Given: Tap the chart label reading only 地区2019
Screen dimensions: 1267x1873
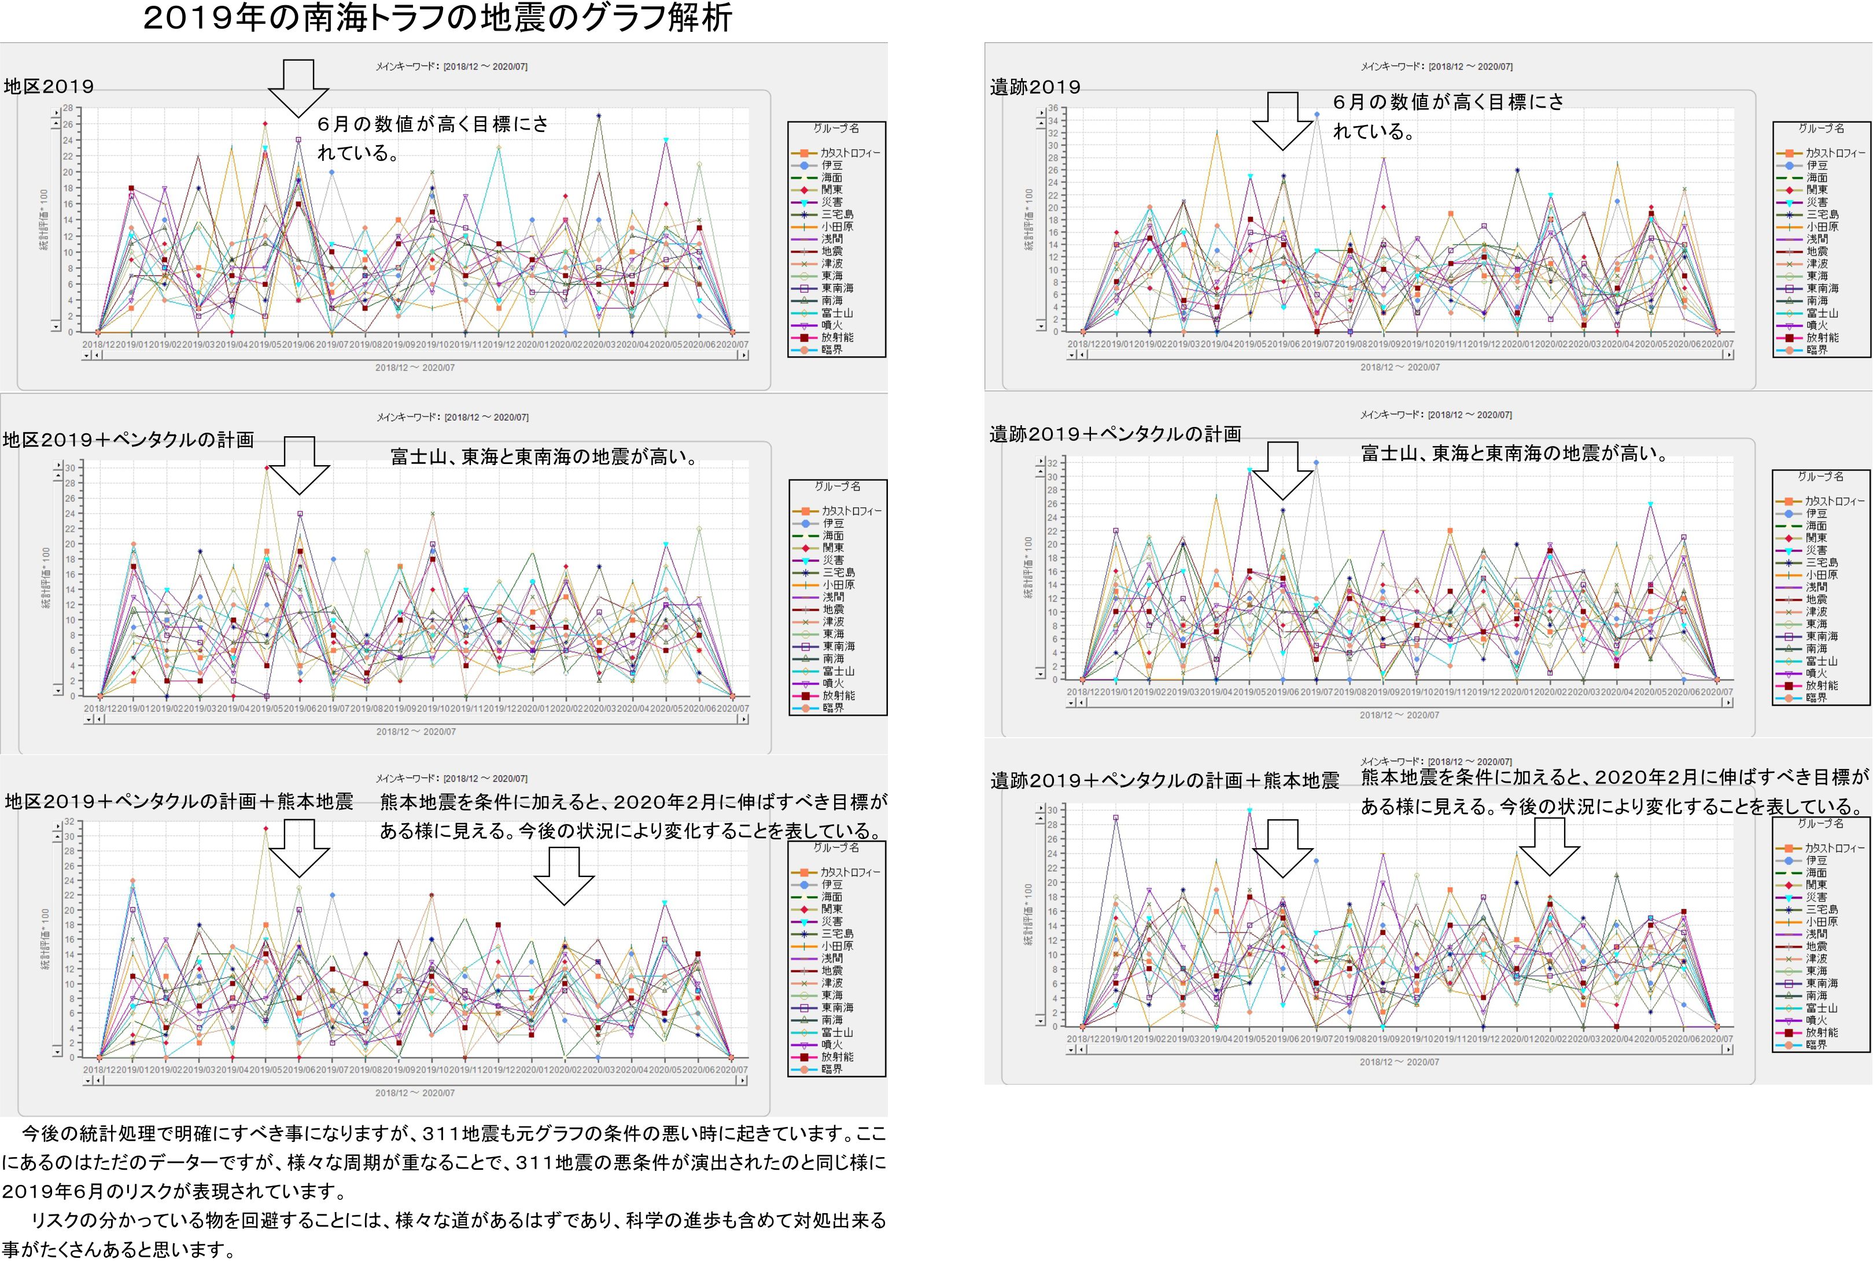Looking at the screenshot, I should point(49,86).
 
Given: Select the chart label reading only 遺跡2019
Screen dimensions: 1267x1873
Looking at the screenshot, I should point(1035,87).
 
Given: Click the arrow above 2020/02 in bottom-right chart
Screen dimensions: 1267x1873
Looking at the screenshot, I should point(1549,847).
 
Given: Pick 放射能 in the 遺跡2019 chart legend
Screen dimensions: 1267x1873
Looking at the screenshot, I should point(1822,338).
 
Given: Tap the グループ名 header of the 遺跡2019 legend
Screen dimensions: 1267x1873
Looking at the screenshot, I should point(1820,128).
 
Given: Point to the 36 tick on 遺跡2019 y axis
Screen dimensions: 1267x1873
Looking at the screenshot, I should point(1053,109).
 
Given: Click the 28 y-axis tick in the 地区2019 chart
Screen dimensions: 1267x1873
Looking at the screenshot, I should point(68,108).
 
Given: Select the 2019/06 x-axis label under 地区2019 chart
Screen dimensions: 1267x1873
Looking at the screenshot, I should point(298,345).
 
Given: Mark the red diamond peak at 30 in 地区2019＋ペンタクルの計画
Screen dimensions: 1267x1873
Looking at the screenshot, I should point(267,467).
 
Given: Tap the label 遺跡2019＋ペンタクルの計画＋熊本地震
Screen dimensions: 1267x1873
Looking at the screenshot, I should point(1164,780).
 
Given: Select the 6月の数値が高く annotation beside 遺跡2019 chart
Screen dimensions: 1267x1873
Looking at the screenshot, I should point(1447,102).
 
